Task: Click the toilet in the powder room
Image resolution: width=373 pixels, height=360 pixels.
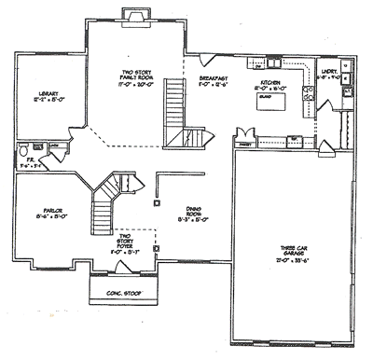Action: click(25, 148)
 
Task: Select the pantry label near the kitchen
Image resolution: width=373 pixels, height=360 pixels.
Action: click(246, 145)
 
